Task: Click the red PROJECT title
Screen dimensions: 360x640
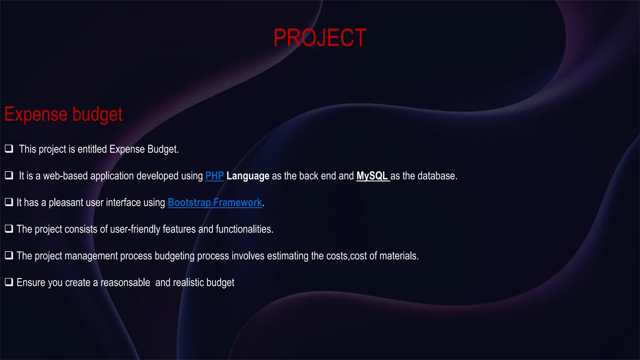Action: (320, 38)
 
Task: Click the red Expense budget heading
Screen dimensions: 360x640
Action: (63, 114)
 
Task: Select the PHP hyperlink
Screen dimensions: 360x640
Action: (214, 176)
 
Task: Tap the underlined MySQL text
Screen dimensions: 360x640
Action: (372, 176)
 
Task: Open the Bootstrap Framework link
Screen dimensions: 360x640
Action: (215, 202)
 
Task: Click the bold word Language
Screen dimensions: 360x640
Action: (248, 176)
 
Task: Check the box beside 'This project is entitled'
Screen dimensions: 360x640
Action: (9, 148)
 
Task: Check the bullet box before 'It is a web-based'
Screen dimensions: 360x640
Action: (9, 175)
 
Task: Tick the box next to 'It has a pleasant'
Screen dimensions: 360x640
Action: (9, 202)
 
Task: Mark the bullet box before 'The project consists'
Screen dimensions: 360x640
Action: (9, 228)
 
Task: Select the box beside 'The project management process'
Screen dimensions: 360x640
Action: (9, 255)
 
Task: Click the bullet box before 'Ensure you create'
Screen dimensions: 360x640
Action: (9, 282)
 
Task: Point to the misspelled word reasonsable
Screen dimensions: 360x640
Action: (125, 282)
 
